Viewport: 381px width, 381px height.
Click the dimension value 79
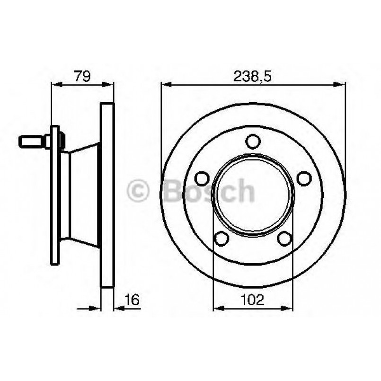(81, 76)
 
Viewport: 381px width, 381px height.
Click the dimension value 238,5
(253, 76)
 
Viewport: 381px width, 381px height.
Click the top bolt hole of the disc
(254, 142)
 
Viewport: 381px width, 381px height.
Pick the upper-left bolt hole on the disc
(202, 178)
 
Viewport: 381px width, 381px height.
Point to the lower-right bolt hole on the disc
(285, 239)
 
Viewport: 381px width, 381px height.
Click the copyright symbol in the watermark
(139, 192)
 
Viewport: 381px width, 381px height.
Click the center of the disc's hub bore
(253, 194)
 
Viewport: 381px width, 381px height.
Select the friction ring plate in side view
(107, 194)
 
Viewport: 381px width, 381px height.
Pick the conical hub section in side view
(84, 194)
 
